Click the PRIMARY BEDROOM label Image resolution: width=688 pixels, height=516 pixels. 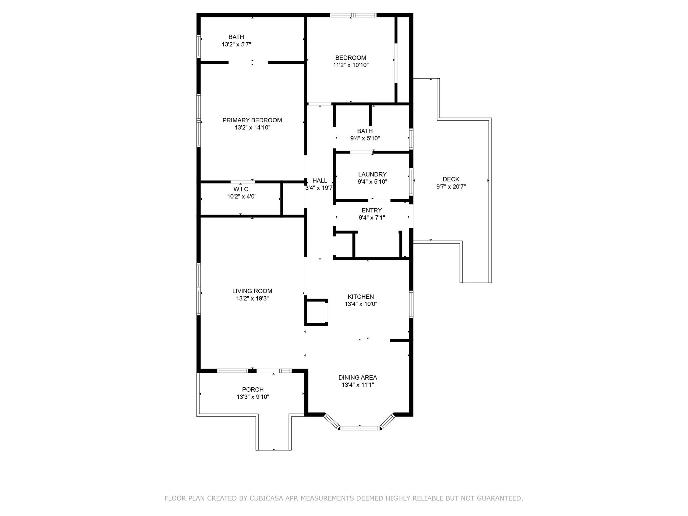pyautogui.click(x=252, y=120)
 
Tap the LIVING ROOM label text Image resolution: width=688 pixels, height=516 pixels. pyautogui.click(x=252, y=291)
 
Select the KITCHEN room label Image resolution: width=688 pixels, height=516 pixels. pyautogui.click(x=361, y=297)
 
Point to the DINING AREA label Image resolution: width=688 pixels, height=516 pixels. pyautogui.click(x=358, y=378)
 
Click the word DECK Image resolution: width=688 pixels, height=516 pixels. pyautogui.click(x=451, y=179)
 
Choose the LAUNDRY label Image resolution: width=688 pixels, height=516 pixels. pyautogui.click(x=372, y=174)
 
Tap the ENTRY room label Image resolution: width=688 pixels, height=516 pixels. pyautogui.click(x=372, y=210)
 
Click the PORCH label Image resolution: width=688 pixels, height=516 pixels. pyautogui.click(x=253, y=390)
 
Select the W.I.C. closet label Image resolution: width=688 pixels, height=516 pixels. pyautogui.click(x=242, y=189)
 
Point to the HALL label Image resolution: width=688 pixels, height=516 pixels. pyautogui.click(x=320, y=181)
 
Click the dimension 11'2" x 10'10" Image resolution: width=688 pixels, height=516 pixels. pyautogui.click(x=351, y=65)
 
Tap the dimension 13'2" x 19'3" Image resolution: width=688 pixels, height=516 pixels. pyautogui.click(x=252, y=299)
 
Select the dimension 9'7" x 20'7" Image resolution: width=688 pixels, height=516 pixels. pyautogui.click(x=451, y=187)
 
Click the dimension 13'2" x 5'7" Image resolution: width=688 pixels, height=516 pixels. pyautogui.click(x=236, y=44)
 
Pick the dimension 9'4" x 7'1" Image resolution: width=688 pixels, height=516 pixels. pyautogui.click(x=372, y=218)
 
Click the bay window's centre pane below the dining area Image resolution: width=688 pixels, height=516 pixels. pyautogui.click(x=360, y=428)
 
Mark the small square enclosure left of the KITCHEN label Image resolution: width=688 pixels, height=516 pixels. pyautogui.click(x=316, y=312)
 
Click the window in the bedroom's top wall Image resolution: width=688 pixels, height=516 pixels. pyautogui.click(x=353, y=15)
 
